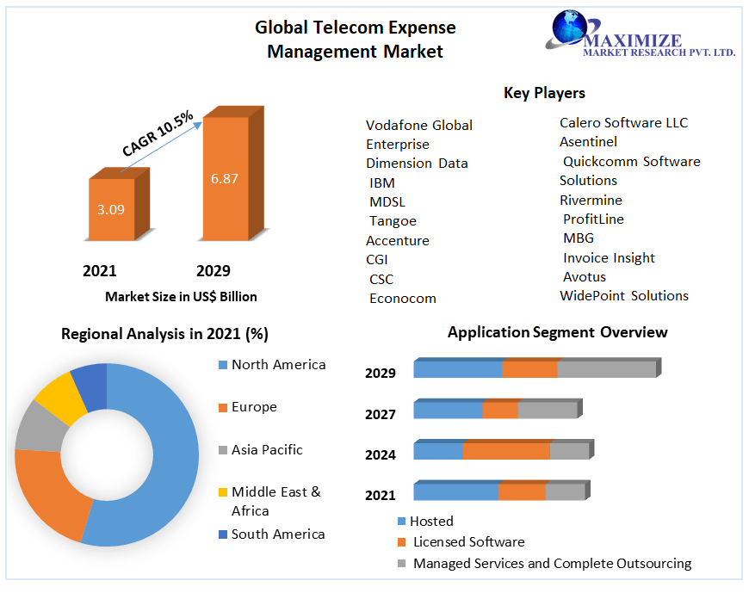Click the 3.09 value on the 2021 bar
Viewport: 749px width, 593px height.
pyautogui.click(x=111, y=209)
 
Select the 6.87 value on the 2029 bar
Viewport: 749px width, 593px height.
pyautogui.click(x=225, y=179)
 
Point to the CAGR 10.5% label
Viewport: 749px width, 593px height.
pyautogui.click(x=158, y=133)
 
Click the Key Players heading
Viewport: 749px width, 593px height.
pyautogui.click(x=544, y=93)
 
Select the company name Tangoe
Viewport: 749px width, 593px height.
pyautogui.click(x=393, y=221)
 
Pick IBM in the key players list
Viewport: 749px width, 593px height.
pyautogui.click(x=382, y=182)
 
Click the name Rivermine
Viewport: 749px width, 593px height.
pyautogui.click(x=591, y=200)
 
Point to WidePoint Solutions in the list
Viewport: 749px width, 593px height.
pyautogui.click(x=624, y=296)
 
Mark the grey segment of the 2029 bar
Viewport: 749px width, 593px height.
pyautogui.click(x=606, y=369)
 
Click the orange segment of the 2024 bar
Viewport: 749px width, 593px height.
pyautogui.click(x=505, y=451)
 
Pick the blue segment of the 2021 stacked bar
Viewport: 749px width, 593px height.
pyautogui.click(x=455, y=492)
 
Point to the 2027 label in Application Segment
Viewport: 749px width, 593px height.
pyautogui.click(x=381, y=414)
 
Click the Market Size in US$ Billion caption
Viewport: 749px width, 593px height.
pyautogui.click(x=181, y=297)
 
